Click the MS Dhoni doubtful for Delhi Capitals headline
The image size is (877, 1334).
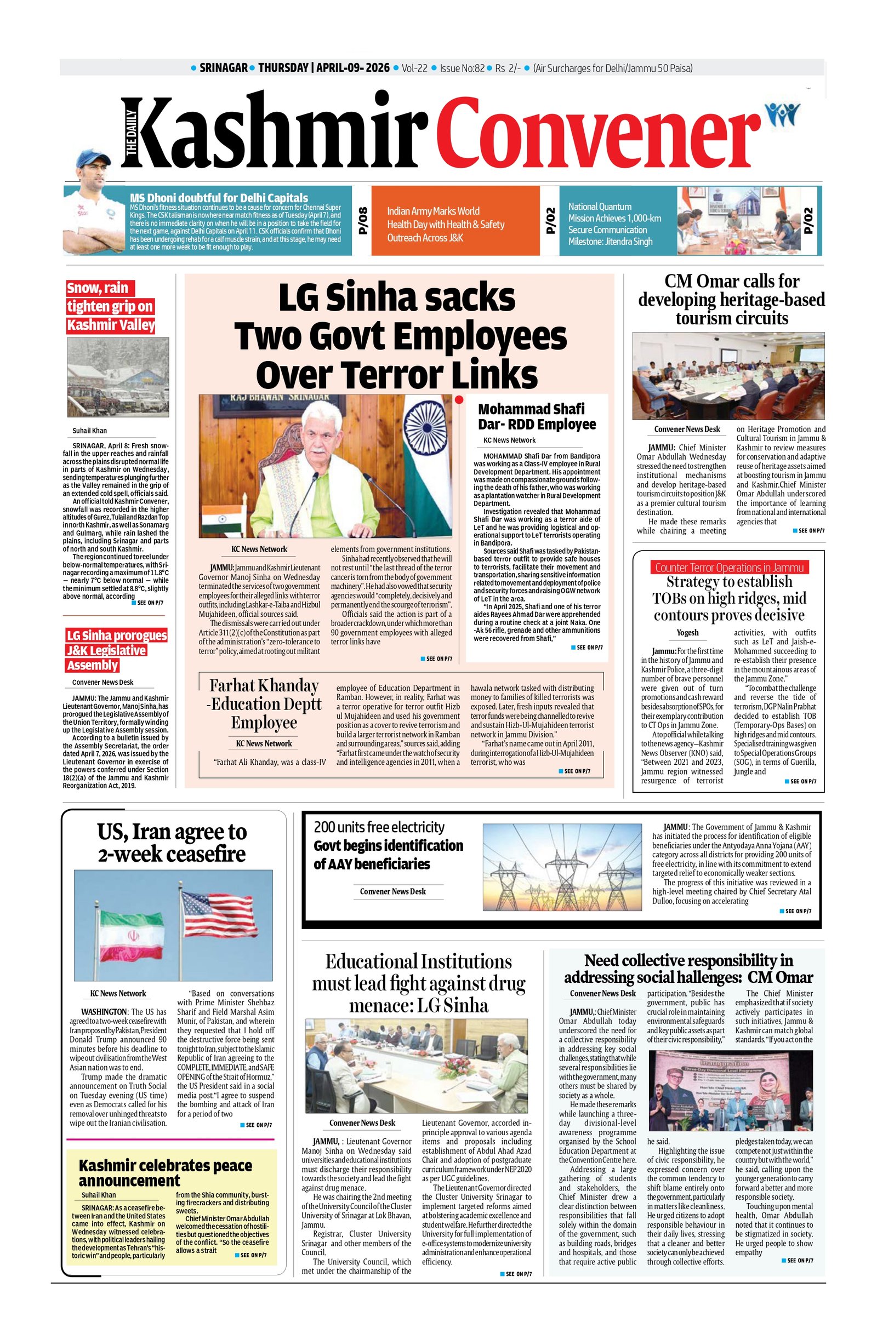click(219, 197)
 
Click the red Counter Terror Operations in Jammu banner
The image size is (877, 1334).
click(728, 567)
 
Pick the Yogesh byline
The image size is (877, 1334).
click(687, 632)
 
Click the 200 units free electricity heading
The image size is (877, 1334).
click(379, 827)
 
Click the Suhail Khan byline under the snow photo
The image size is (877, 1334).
click(90, 431)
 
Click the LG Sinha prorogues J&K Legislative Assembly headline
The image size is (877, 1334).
click(116, 650)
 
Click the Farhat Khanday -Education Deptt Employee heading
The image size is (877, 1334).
click(264, 703)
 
